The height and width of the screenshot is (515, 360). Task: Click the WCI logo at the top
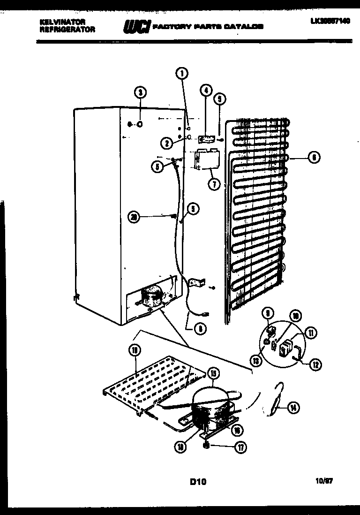136,27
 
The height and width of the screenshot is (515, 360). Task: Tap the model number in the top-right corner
330,22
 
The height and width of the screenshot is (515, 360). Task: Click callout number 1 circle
182,73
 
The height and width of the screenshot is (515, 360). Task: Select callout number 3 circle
139,92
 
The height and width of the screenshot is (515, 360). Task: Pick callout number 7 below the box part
214,184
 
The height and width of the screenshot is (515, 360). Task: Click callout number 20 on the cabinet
135,216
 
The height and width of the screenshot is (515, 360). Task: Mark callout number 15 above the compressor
214,373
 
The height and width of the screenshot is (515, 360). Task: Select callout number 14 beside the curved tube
293,408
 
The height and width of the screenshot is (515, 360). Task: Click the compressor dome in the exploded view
211,396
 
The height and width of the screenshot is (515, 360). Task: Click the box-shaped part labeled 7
207,159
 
